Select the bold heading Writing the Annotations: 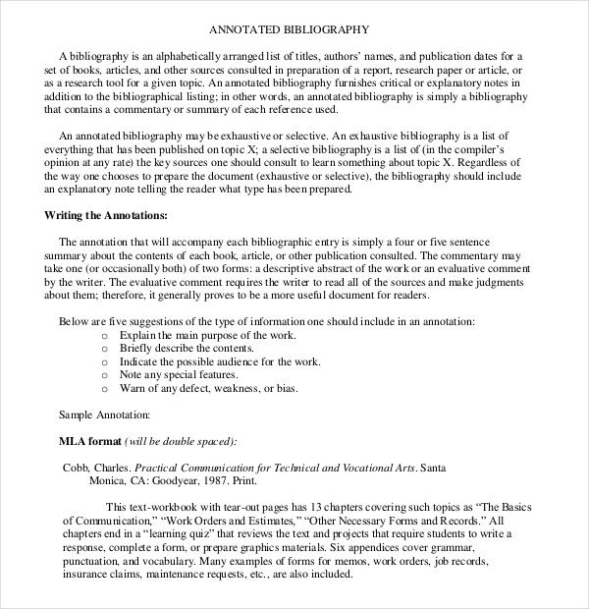[x=106, y=214]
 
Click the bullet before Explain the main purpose [x=106, y=335]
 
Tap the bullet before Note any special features [x=106, y=375]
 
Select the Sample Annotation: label [x=105, y=415]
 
